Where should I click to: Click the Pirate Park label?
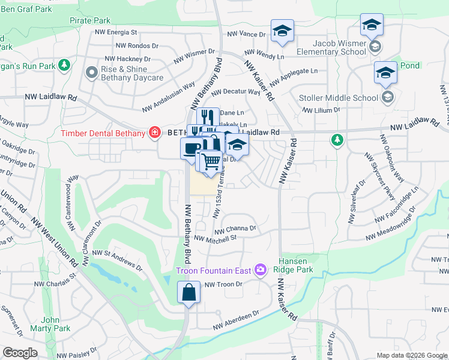click(89, 21)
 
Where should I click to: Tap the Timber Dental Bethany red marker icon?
click(155, 133)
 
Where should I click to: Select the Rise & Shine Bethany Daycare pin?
click(92, 73)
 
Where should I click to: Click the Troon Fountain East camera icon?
click(261, 270)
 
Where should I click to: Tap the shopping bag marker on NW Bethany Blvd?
click(188, 293)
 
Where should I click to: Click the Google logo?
click(20, 353)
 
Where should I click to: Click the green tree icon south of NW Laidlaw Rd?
click(337, 140)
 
